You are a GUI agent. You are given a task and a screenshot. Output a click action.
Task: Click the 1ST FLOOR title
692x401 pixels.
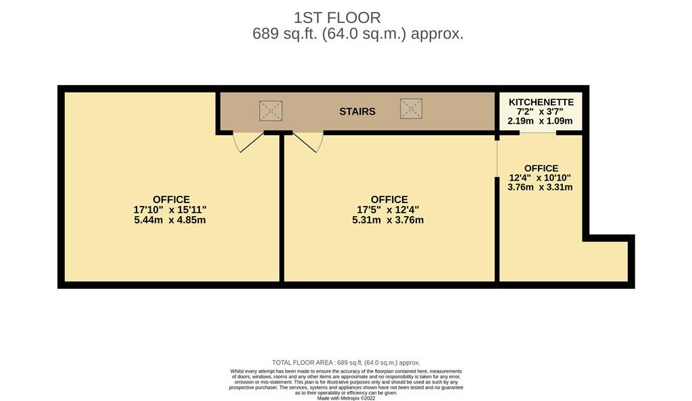tap(337, 18)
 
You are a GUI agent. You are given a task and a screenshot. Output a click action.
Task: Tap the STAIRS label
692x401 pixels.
tap(357, 111)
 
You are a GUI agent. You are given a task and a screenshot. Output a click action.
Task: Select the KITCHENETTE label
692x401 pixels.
tap(541, 102)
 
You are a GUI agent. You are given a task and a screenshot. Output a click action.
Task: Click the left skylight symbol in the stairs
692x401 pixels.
tap(271, 111)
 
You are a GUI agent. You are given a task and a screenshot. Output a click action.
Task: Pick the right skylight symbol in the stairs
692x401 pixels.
tap(412, 109)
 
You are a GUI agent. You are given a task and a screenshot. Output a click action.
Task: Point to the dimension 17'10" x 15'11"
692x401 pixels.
tap(170, 210)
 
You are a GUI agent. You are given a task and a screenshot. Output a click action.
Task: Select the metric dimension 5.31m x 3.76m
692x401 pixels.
tap(388, 220)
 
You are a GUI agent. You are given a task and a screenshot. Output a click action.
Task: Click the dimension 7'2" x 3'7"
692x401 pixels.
tap(540, 112)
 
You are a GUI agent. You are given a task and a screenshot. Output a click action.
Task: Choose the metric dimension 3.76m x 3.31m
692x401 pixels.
tap(540, 187)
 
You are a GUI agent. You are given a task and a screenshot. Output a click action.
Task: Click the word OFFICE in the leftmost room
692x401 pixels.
tap(171, 200)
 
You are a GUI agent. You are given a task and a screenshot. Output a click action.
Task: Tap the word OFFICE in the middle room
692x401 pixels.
tap(389, 200)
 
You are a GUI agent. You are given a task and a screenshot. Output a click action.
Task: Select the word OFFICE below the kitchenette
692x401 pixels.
tap(541, 168)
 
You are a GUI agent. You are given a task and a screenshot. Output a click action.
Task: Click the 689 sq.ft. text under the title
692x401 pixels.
tap(285, 34)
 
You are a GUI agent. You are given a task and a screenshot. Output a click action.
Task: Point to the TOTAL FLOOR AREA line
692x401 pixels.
tap(346, 363)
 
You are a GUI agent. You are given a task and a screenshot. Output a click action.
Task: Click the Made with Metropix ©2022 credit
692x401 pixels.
tap(346, 398)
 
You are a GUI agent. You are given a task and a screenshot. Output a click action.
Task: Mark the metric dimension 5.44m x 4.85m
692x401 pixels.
tap(170, 220)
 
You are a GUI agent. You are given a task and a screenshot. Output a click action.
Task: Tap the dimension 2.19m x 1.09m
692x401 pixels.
tap(540, 122)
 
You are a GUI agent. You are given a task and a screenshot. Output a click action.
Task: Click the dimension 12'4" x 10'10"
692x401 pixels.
tap(540, 178)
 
